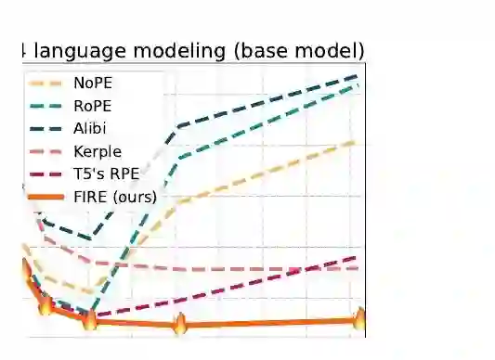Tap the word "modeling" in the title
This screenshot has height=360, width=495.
click(179, 51)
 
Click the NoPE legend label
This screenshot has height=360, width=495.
click(93, 83)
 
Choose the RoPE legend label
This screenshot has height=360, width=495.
click(93, 106)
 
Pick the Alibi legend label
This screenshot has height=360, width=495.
click(90, 128)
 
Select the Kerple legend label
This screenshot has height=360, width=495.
click(98, 151)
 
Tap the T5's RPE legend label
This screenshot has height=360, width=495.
click(107, 174)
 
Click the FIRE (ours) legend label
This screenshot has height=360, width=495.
click(115, 197)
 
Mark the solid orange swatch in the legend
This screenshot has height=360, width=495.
click(46, 198)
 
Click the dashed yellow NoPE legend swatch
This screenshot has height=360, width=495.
click(46, 84)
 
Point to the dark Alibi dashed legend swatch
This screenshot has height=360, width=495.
click(46, 129)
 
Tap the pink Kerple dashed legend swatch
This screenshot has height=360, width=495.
click(46, 152)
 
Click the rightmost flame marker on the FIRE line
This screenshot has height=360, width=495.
click(360, 318)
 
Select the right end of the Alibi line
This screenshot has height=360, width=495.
click(357, 76)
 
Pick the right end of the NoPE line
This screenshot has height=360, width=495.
click(356, 143)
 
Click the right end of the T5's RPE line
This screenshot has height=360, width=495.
click(356, 258)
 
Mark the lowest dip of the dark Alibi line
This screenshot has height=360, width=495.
click(91, 238)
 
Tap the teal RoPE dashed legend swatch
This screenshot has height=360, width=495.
click(46, 107)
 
